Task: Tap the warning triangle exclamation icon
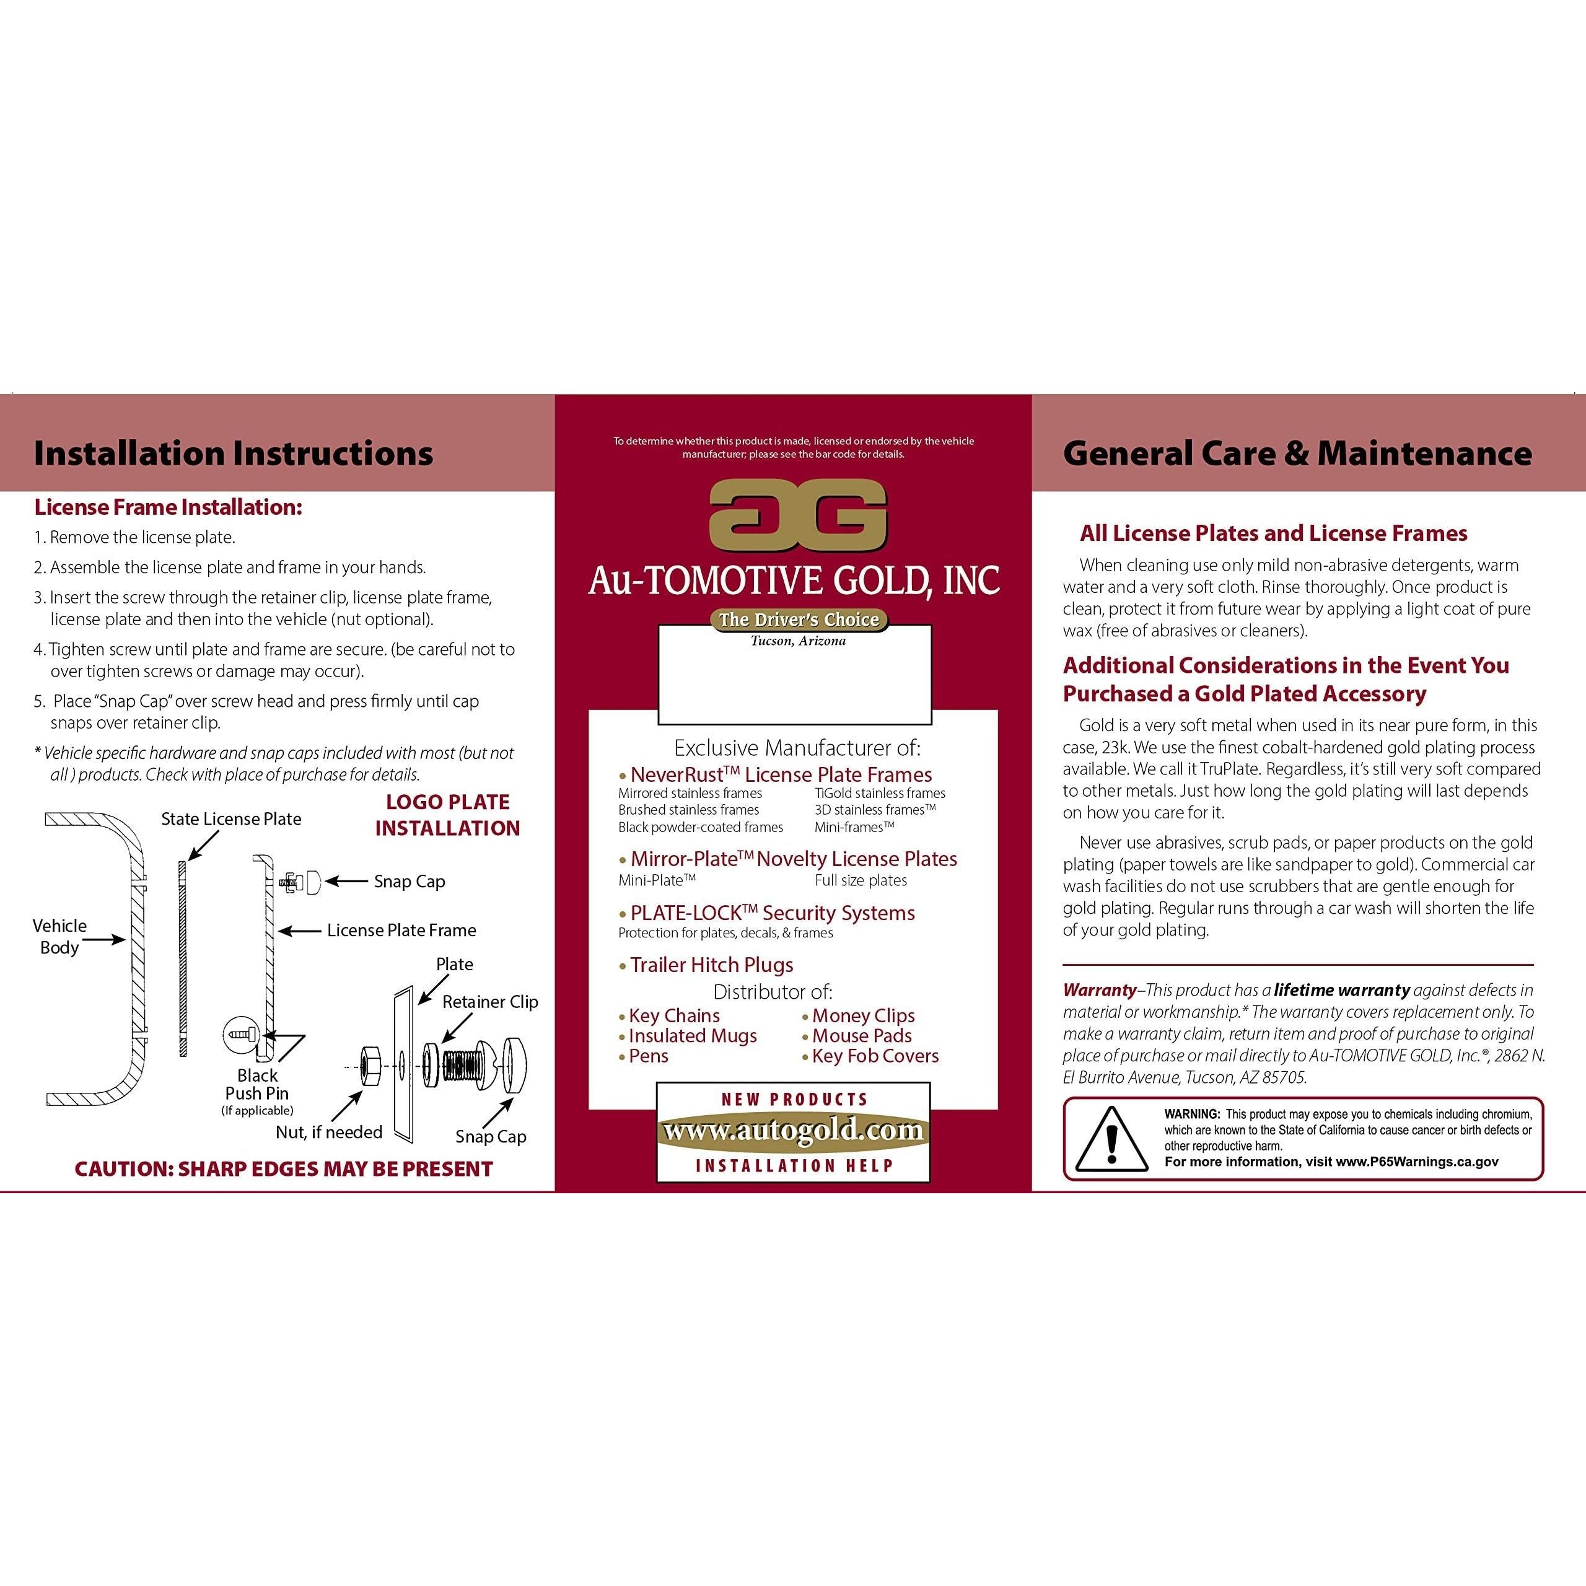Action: point(1111,1139)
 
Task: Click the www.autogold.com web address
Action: point(793,1131)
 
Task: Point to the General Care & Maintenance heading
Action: point(1297,453)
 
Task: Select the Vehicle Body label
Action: point(59,936)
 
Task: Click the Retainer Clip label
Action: point(490,1002)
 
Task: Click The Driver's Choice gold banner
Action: point(799,620)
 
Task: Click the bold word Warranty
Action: point(1099,990)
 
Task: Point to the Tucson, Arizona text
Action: point(798,641)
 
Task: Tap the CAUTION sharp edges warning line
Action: point(283,1169)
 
